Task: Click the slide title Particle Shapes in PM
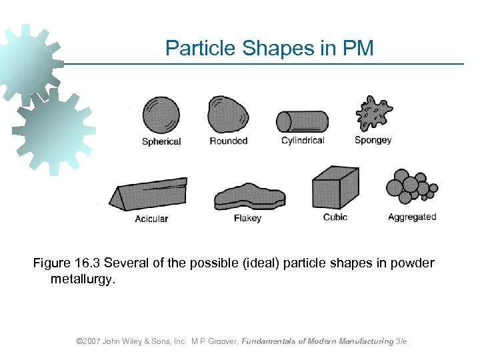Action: pos(269,48)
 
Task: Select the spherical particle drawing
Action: pos(161,115)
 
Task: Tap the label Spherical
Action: pos(161,141)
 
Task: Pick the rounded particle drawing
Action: pos(227,115)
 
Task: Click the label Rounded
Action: pos(228,141)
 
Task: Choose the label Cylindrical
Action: pos(303,141)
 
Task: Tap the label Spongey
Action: pos(373,141)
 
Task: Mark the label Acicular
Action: pos(151,219)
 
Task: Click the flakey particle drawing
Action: pos(249,198)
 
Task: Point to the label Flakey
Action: pos(247,218)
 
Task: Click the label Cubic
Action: pos(335,217)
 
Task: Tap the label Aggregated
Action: pos(411,217)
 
